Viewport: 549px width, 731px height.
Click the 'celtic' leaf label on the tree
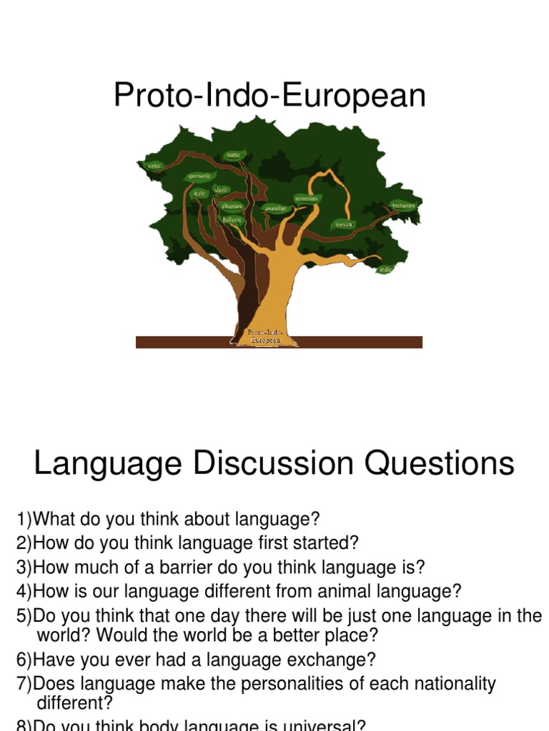(x=155, y=166)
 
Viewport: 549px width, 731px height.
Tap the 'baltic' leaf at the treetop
(x=234, y=155)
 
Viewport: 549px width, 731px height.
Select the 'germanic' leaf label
(x=199, y=176)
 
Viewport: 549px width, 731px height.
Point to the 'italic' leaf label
(x=200, y=193)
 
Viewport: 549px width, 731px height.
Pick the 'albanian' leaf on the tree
(x=232, y=206)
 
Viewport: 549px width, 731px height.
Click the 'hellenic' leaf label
(x=232, y=220)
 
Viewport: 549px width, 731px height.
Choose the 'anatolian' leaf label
(x=275, y=208)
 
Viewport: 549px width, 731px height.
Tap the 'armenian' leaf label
(x=306, y=198)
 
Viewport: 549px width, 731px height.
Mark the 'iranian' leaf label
(x=344, y=224)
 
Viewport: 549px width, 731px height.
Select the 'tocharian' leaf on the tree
(x=403, y=206)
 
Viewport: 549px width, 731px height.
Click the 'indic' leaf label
(x=386, y=269)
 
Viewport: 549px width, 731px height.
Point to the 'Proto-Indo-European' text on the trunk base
(x=265, y=336)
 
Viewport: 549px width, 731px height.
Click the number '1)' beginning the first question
(x=24, y=518)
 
